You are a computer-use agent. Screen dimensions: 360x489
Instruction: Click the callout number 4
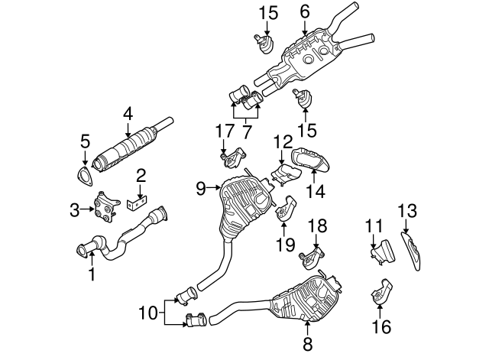tap(128, 114)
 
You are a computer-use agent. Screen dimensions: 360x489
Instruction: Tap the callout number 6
tap(305, 11)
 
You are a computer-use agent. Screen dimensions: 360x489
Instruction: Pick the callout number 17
tap(222, 131)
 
